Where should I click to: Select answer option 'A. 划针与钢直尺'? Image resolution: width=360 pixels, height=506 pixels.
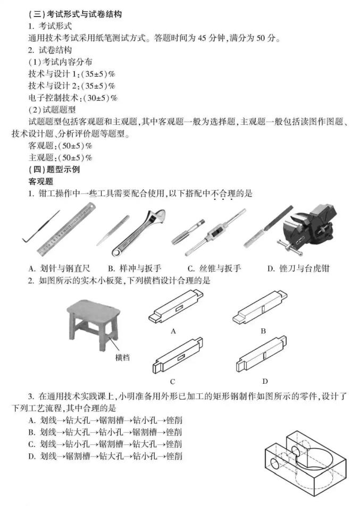[59, 268]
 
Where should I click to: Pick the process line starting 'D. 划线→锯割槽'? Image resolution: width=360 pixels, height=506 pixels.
[106, 456]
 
